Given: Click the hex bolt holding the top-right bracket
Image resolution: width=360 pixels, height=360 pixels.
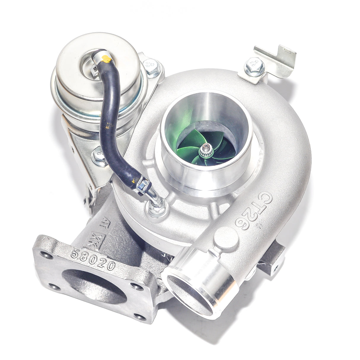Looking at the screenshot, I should point(254,66).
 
